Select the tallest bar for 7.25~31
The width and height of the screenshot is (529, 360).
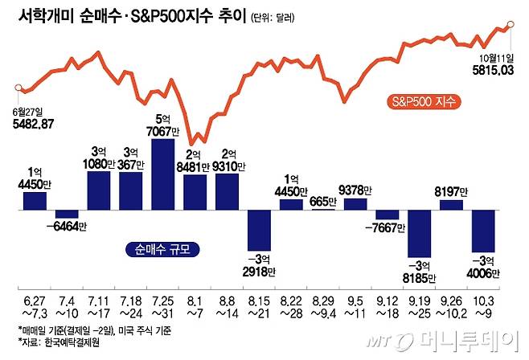[x=162, y=174]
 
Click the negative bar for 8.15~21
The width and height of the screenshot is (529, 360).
[x=260, y=229]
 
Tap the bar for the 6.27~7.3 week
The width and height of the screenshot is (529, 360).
[x=35, y=201]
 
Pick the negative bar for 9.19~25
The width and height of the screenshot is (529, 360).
[x=419, y=233]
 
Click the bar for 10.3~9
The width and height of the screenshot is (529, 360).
[x=483, y=231]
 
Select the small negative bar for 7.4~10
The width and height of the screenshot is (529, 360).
[x=67, y=215]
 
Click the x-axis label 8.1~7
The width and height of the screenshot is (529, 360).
[x=195, y=306]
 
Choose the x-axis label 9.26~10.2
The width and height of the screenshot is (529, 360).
[x=451, y=306]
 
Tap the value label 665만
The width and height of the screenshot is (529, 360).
[x=324, y=201]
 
